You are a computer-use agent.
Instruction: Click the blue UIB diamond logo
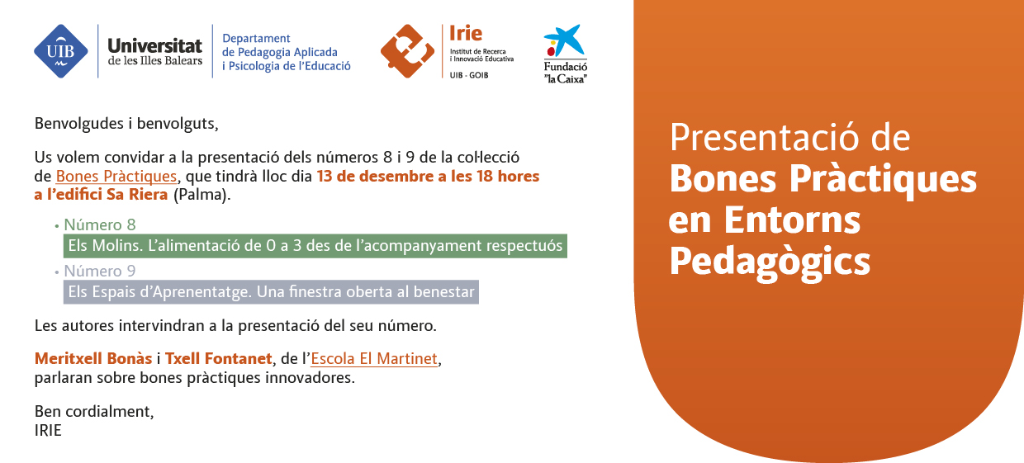61,51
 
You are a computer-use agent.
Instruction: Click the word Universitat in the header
154,45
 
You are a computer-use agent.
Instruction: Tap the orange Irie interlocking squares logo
407,51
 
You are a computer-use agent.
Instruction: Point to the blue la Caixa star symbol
564,40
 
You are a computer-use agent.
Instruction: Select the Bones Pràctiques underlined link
116,177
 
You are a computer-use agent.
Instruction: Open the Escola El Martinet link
374,359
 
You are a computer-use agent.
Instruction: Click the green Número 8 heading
100,224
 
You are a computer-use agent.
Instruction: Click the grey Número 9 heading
100,271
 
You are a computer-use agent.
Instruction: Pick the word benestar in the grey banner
444,291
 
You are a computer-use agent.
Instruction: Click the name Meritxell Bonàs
93,359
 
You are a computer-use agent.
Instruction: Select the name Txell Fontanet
218,359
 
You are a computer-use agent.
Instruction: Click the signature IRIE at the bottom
48,431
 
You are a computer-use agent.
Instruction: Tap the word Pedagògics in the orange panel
770,262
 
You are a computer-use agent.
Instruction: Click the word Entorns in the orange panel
792,220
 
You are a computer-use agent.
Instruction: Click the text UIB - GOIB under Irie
469,75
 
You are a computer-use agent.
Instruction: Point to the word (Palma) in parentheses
201,195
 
